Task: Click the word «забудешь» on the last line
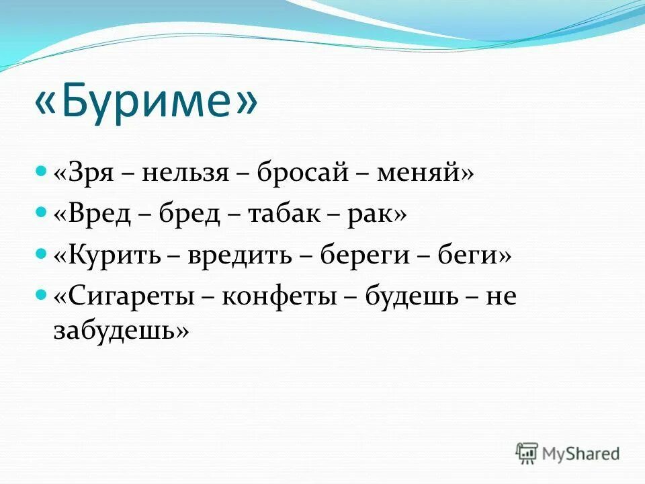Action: pos(114,330)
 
